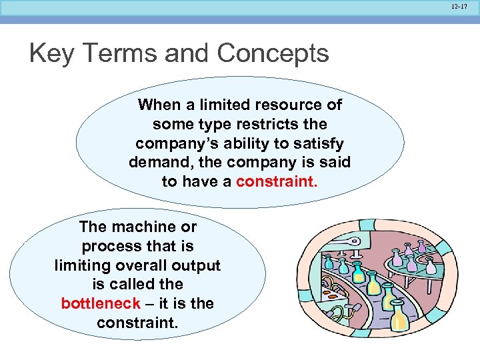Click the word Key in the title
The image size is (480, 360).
51,53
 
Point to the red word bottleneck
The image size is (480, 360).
100,303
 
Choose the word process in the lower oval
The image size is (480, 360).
108,246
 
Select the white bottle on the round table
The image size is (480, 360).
429,267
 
